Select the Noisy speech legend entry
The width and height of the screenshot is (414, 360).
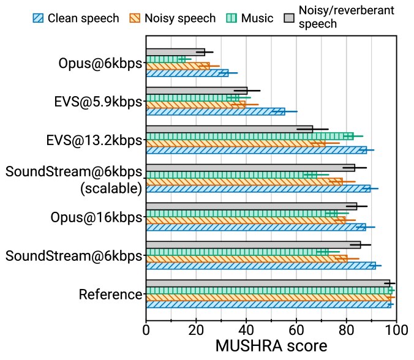[172, 18]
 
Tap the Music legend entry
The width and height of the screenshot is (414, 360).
[249, 18]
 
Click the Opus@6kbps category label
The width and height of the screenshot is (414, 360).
[100, 63]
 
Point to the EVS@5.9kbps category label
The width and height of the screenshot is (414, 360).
[98, 102]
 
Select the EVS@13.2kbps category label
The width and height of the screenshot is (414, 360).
[94, 140]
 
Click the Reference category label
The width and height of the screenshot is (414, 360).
[111, 294]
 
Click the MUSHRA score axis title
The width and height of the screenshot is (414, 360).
[271, 346]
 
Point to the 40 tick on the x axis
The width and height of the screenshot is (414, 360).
[246, 330]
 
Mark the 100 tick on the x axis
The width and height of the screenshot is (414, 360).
[396, 330]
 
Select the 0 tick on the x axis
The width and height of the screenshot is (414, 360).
[146, 330]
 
